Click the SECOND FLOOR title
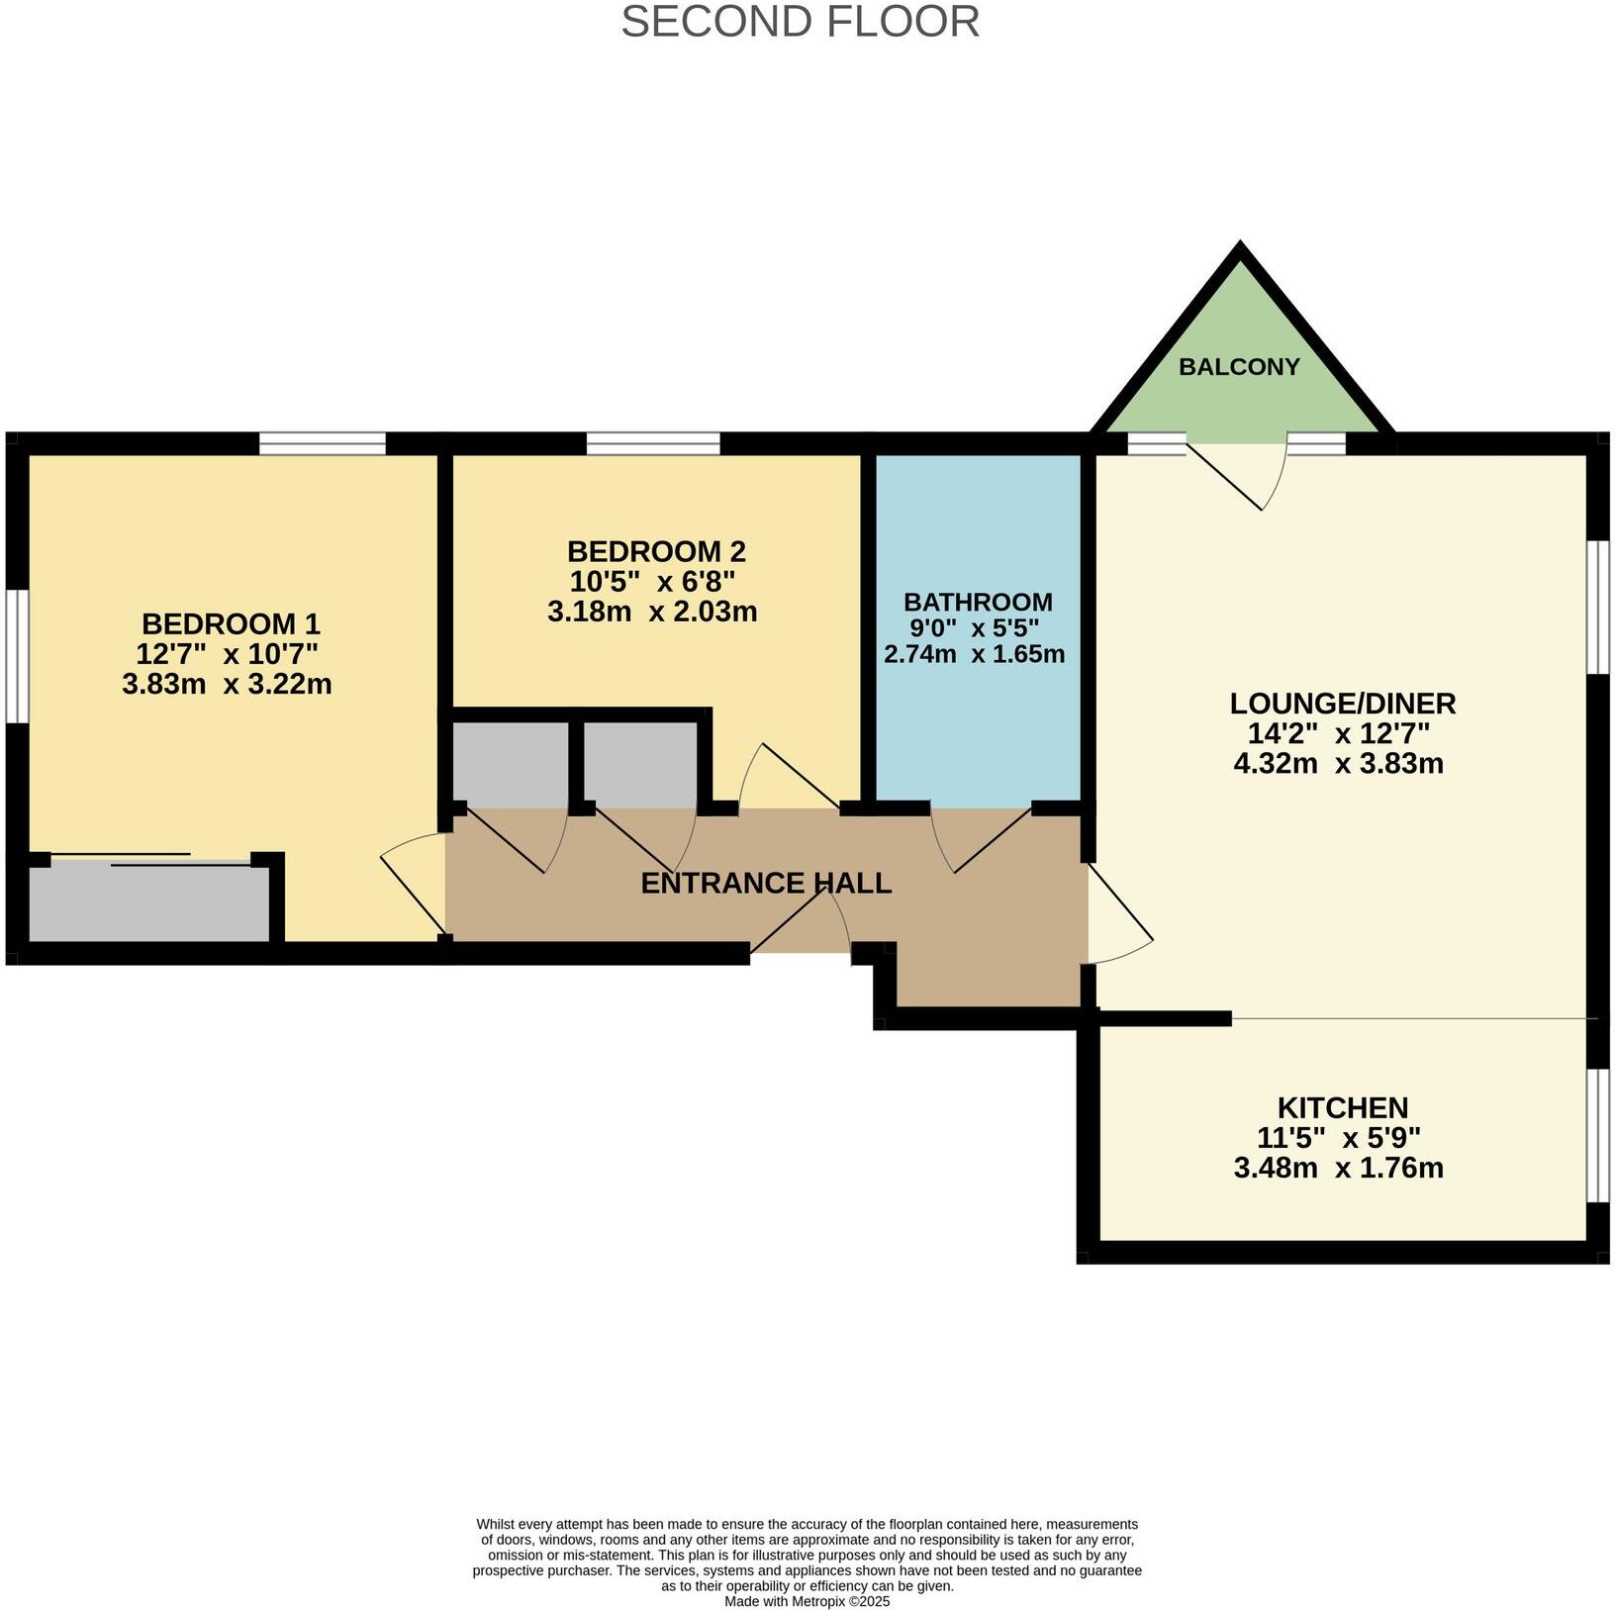click(800, 22)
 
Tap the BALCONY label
click(1239, 367)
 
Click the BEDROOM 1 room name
click(231, 624)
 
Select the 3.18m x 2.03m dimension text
click(652, 612)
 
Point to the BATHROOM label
click(978, 602)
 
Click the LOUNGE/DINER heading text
click(1343, 704)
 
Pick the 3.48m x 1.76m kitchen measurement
click(1338, 1168)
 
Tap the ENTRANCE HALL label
click(766, 883)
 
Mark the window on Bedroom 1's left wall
click(17, 657)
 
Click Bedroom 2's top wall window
click(653, 443)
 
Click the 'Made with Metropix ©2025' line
click(807, 1601)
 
